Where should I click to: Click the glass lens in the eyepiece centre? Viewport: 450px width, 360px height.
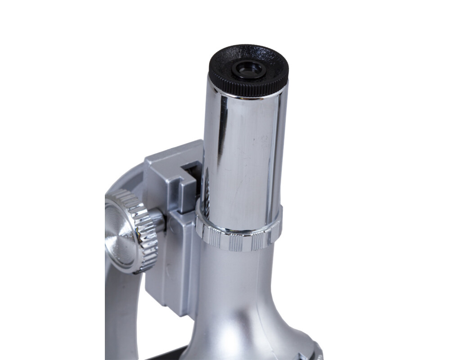(247, 69)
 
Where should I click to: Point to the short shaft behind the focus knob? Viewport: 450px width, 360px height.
(158, 220)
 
